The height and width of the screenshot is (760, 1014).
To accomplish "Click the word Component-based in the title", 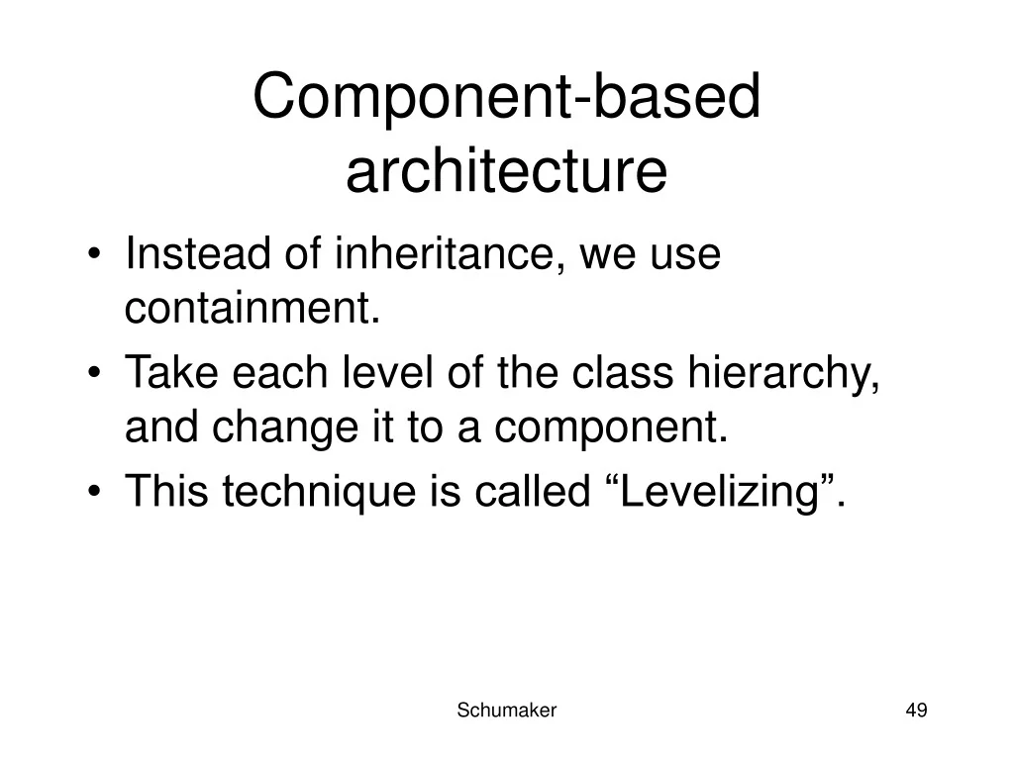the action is (x=506, y=97).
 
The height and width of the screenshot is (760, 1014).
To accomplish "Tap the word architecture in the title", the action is (x=506, y=170).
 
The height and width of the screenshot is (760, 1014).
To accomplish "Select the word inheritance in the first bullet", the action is (x=445, y=253).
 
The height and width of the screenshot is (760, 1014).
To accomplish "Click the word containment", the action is (x=253, y=308).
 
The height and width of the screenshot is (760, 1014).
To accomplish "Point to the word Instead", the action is (x=198, y=252).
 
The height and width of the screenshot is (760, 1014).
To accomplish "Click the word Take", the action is (x=171, y=372).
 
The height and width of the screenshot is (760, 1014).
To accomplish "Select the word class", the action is (x=623, y=372).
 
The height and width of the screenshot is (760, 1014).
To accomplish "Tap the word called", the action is (x=533, y=490).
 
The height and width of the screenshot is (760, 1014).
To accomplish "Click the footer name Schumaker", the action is (x=506, y=711).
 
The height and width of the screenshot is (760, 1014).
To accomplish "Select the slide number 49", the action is (x=916, y=711).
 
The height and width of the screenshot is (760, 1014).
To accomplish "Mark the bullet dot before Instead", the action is (x=94, y=253).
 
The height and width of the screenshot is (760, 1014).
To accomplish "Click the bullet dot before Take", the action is (x=94, y=372).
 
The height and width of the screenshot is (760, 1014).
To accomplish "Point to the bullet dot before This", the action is (x=94, y=491).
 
